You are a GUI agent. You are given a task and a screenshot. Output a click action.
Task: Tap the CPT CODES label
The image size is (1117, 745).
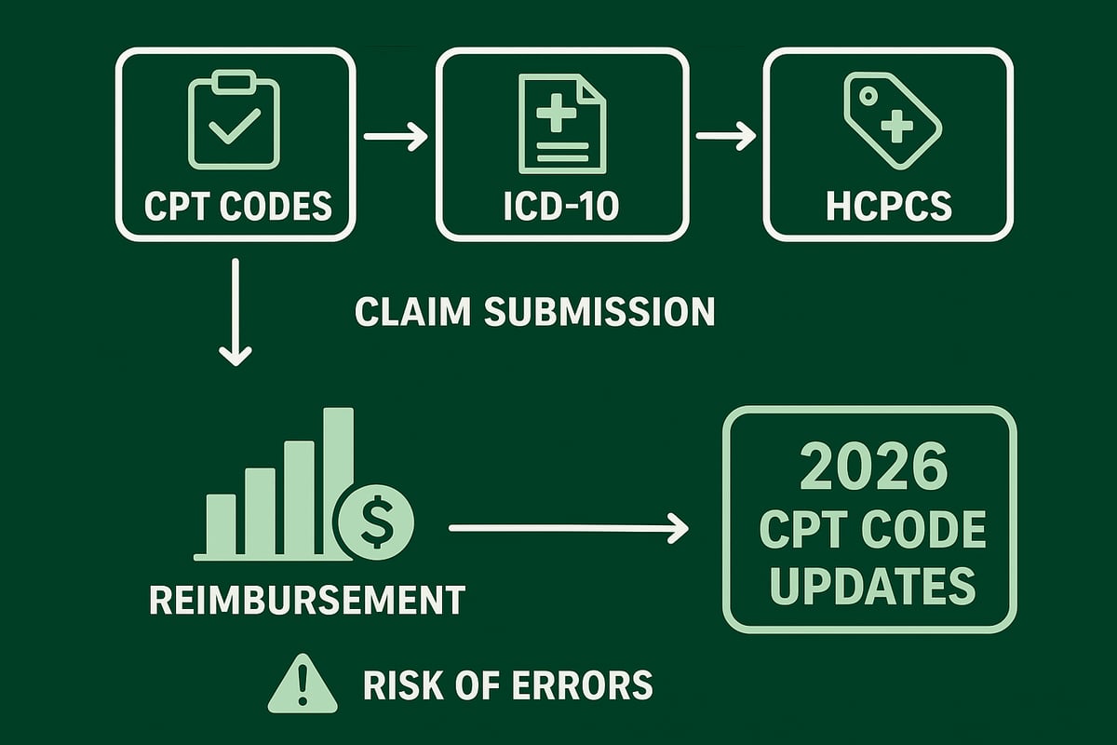click(238, 206)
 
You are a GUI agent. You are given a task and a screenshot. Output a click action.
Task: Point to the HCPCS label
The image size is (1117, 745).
click(889, 206)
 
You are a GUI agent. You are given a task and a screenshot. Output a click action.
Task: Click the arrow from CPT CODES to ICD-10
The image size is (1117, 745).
click(396, 138)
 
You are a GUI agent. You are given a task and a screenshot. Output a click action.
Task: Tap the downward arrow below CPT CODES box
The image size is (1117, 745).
click(235, 312)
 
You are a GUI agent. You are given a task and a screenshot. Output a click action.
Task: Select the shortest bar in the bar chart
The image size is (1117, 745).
click(221, 526)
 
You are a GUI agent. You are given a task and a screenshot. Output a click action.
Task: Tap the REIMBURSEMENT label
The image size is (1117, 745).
click(306, 600)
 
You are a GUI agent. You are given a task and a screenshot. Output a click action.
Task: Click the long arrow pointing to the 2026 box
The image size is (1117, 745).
click(568, 529)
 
